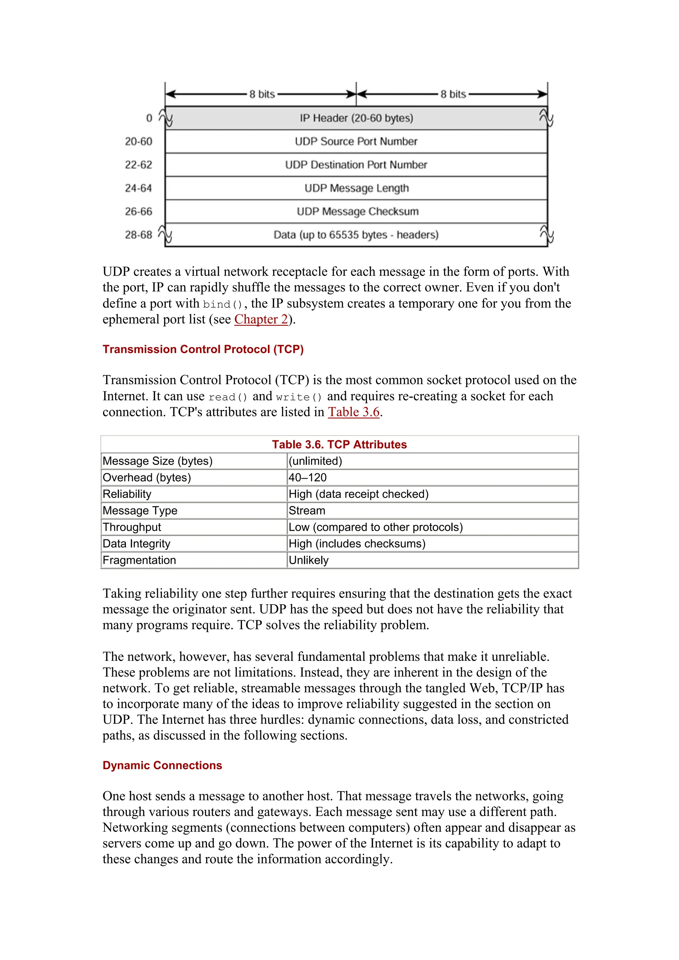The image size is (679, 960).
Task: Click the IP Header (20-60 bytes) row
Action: tap(356, 118)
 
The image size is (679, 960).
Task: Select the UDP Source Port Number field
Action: tap(356, 142)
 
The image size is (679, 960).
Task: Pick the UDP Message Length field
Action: tap(356, 188)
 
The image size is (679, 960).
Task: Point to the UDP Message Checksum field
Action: tap(356, 212)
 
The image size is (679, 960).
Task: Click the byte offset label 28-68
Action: tap(139, 235)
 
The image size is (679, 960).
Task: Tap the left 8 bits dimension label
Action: tap(262, 94)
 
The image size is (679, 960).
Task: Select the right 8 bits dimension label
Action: tap(453, 94)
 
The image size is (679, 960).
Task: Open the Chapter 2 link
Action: tap(261, 319)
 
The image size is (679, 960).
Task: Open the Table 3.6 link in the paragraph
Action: tap(353, 412)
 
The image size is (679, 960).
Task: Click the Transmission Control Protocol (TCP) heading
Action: tap(203, 349)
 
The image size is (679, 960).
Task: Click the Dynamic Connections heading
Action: tap(162, 766)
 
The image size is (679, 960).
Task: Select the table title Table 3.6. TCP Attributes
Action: tap(339, 445)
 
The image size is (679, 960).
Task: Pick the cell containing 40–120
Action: tap(307, 477)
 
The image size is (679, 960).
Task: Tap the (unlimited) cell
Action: tap(315, 461)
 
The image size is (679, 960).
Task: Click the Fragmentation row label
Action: tap(139, 560)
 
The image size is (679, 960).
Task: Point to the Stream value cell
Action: tap(307, 510)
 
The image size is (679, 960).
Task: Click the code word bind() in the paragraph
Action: tap(222, 304)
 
